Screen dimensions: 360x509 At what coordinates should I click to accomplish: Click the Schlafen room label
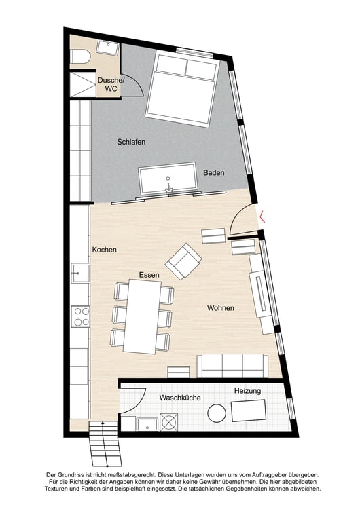point(131,142)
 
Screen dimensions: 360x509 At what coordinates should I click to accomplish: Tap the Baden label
point(214,172)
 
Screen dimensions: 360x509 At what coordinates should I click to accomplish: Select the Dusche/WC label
point(111,84)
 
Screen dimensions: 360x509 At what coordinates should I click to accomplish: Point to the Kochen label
point(105,250)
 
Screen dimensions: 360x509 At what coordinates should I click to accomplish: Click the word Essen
point(149,275)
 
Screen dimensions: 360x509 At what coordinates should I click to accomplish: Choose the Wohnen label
point(221,307)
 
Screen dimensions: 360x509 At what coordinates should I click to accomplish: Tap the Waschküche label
point(180,398)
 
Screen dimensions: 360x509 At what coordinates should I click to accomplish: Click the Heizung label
point(247,391)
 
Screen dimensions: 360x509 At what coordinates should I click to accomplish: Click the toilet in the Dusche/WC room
point(79,56)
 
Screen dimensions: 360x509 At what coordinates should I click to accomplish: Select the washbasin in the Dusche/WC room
point(108,48)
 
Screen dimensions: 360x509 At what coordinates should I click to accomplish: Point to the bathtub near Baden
point(168,178)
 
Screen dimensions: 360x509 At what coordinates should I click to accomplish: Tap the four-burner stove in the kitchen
point(81,316)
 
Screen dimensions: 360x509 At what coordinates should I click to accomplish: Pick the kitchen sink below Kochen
point(80,274)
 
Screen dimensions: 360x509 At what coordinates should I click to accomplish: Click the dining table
point(142,316)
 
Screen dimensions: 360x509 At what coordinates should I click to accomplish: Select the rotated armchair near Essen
point(183,261)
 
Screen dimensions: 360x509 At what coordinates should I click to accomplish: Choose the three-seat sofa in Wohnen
point(232,366)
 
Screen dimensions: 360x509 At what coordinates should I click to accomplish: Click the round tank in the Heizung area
point(217,413)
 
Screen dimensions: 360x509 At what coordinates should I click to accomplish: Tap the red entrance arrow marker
point(262,216)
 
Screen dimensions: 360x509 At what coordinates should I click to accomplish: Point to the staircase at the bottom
point(104,443)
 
